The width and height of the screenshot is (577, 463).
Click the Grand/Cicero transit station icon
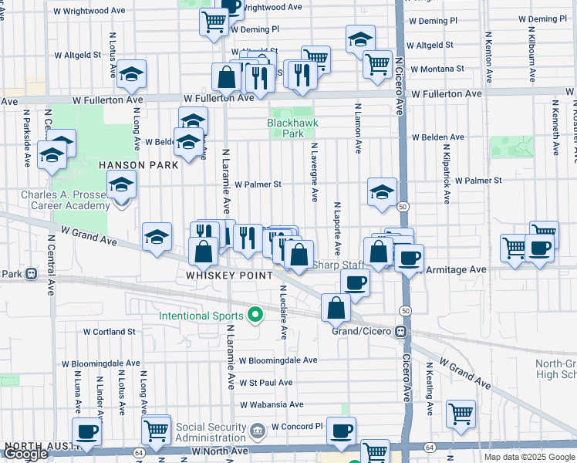click(400, 331)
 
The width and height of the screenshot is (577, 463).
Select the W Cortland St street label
click(109, 331)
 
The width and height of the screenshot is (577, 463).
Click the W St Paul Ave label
click(265, 383)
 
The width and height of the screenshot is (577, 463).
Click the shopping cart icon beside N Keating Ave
click(461, 413)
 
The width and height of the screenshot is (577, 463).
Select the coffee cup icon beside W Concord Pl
click(341, 431)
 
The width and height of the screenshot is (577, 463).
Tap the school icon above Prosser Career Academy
click(121, 185)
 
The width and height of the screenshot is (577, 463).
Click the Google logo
click(25, 454)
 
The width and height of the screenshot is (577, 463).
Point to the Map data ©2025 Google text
click(528, 457)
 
